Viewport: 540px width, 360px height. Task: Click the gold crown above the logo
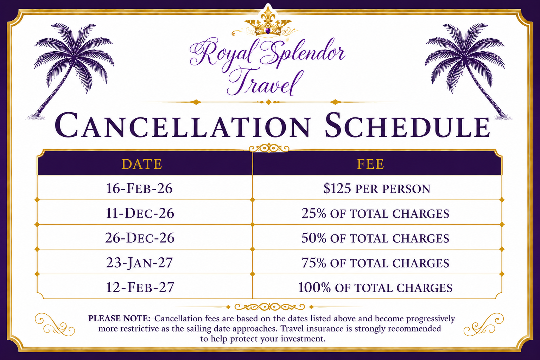[267, 24]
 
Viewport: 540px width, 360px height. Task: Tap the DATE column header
[141, 164]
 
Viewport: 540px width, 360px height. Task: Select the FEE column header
[370, 164]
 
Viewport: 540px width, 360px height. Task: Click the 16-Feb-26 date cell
[139, 188]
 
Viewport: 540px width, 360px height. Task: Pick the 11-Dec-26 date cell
[140, 213]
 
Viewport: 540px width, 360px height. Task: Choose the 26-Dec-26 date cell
[140, 238]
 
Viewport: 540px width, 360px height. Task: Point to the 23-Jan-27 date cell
[140, 263]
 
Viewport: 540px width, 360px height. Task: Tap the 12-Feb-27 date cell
[140, 287]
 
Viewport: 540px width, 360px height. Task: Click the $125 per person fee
[377, 188]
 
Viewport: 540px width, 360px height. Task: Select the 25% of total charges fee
[375, 213]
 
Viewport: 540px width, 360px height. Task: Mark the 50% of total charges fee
[375, 238]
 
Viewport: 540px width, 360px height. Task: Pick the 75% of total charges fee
[375, 263]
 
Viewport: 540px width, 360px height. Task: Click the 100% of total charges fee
[375, 288]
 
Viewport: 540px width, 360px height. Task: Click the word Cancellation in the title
[182, 125]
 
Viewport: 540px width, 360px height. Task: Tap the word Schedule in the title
[407, 125]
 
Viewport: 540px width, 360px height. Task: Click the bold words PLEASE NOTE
[119, 319]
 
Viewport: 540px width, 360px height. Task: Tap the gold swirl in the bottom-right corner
[484, 324]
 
